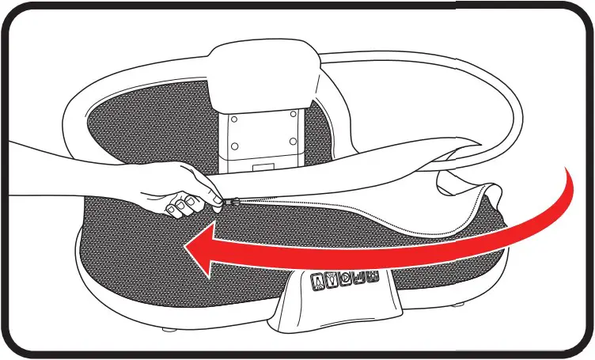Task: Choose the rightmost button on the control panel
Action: (x=372, y=278)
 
